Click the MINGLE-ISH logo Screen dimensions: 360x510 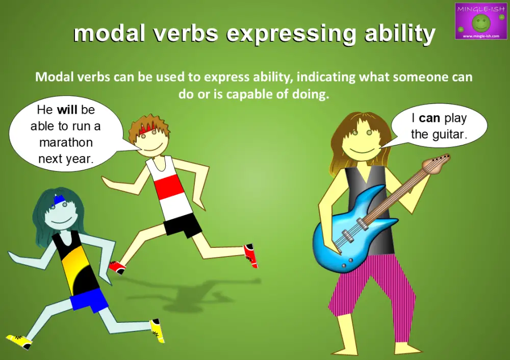[477, 21]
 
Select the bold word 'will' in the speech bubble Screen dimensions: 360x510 [67, 110]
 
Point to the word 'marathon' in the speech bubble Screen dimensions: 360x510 [66, 143]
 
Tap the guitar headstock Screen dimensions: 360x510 [438, 164]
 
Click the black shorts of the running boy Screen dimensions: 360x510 [182, 225]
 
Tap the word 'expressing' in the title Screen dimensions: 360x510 [291, 34]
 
